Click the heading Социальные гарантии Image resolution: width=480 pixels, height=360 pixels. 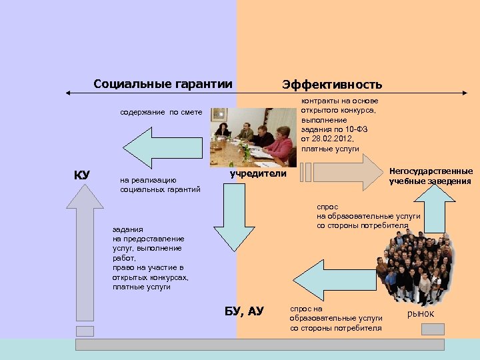point(163,84)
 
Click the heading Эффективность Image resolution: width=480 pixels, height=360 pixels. point(332,84)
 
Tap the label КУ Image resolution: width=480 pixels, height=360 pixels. point(82,175)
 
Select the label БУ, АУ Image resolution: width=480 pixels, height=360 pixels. point(244,311)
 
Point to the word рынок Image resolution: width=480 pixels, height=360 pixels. point(420,313)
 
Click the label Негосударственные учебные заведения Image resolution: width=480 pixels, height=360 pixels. point(431,176)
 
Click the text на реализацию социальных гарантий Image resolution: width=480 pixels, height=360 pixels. point(160,185)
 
